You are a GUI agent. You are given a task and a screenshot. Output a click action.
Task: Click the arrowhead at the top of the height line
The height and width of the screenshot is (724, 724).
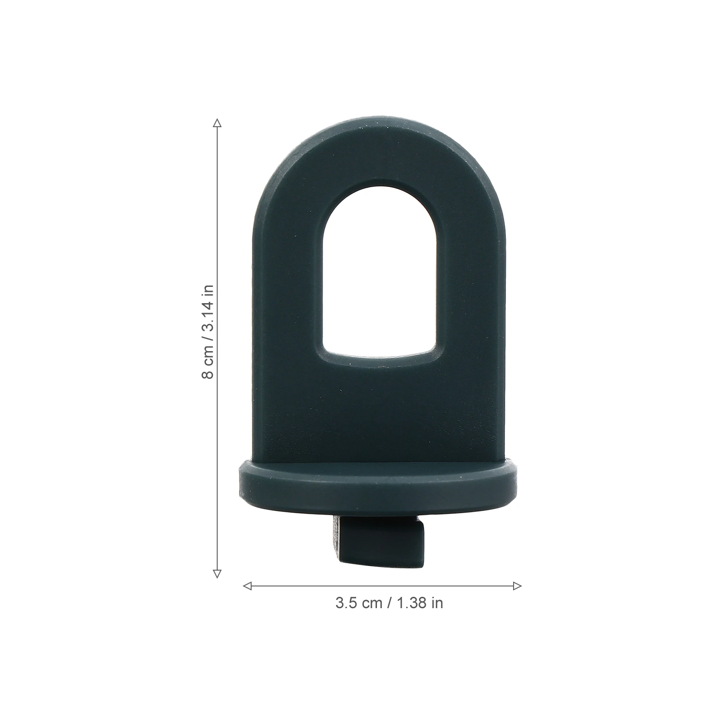pyautogui.click(x=217, y=123)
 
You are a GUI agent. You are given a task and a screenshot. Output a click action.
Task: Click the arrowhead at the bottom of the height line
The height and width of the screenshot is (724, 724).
pyautogui.click(x=217, y=574)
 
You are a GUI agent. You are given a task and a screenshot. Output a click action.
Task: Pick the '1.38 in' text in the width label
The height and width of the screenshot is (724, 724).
pyautogui.click(x=419, y=603)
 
